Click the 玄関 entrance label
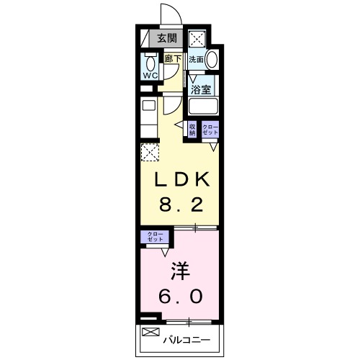pyautogui.click(x=167, y=38)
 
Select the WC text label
pyautogui.click(x=150, y=76)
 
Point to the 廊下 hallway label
pyautogui.click(x=173, y=58)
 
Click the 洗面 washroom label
pyautogui.click(x=197, y=60)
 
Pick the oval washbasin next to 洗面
pyautogui.click(x=212, y=59)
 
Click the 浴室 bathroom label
pyautogui.click(x=201, y=90)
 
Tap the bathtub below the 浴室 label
pyautogui.click(x=204, y=107)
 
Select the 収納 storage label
pyautogui.click(x=192, y=130)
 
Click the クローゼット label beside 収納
pyautogui.click(x=210, y=130)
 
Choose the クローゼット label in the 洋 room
pyautogui.click(x=155, y=237)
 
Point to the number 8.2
pyautogui.click(x=181, y=204)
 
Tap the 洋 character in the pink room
pyautogui.click(x=180, y=271)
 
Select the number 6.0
pyautogui.click(x=181, y=296)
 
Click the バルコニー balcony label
pyautogui.click(x=186, y=340)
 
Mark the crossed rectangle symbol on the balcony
pyautogui.click(x=150, y=332)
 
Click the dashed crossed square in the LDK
pyautogui.click(x=150, y=152)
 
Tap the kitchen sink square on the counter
pyautogui.click(x=149, y=105)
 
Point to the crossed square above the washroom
pyautogui.click(x=197, y=38)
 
